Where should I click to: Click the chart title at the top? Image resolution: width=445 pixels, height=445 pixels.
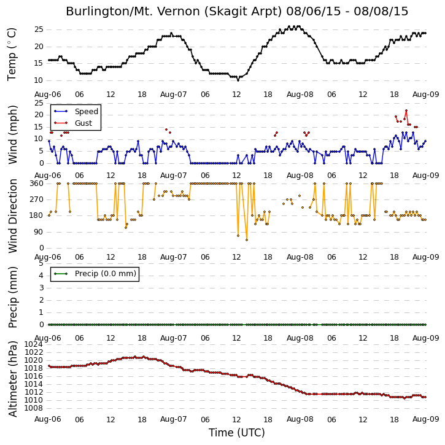[x=237, y=12]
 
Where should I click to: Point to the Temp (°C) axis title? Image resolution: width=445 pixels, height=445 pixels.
[x=12, y=55]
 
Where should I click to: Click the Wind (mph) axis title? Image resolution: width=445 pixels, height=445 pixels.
[x=12, y=135]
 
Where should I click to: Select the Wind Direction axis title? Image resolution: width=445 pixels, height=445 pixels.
[x=12, y=216]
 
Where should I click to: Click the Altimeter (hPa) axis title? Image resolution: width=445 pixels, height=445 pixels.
[x=12, y=379]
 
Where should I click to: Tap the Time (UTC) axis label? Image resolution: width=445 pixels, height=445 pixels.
[x=237, y=433]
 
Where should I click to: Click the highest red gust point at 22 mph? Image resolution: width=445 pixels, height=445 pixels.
[x=406, y=110]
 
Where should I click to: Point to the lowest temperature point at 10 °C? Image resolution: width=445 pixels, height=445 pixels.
[x=238, y=80]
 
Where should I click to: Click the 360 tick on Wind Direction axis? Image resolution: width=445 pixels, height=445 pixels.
[x=37, y=184]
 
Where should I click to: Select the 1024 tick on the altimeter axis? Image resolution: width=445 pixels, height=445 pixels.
[x=34, y=344]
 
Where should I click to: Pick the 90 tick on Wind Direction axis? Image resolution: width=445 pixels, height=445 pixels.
[x=39, y=232]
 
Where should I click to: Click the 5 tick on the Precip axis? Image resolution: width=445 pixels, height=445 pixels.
[x=41, y=263]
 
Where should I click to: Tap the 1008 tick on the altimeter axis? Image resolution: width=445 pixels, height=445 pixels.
[x=34, y=408]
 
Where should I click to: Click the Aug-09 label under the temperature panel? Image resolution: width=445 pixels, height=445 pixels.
[x=426, y=95]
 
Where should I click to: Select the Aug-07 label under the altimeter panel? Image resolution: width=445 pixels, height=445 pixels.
[x=174, y=419]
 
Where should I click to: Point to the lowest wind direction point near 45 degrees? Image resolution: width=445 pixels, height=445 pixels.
[x=247, y=240]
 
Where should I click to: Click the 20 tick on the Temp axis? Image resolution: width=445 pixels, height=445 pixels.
[x=39, y=47]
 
